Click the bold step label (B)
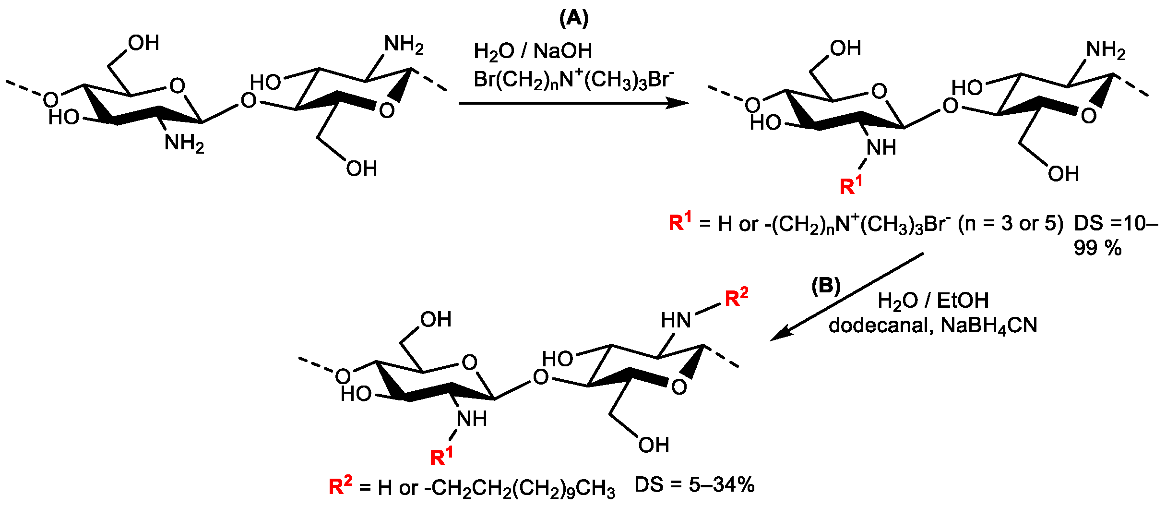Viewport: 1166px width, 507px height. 826,286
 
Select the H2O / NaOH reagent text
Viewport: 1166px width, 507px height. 533,51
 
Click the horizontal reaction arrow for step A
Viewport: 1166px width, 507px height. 573,103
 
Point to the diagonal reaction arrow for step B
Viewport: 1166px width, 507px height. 847,297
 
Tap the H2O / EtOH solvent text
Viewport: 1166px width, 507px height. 933,301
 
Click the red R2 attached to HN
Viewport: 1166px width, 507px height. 736,298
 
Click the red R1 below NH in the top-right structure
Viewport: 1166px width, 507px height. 851,185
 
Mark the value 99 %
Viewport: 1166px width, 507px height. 1097,248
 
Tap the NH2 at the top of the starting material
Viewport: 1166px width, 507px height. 404,45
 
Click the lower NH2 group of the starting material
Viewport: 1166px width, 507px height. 184,143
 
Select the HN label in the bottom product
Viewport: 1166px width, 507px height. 676,320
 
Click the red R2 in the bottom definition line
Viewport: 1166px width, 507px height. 340,486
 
